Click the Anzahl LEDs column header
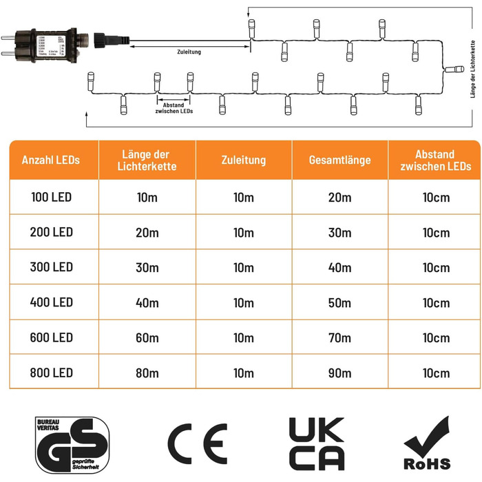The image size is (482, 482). (51, 160)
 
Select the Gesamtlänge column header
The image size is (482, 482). (340, 160)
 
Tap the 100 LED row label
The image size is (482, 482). (51, 198)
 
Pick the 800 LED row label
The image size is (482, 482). (51, 374)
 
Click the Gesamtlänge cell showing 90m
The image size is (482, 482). (340, 374)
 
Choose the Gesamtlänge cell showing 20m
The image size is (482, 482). (340, 198)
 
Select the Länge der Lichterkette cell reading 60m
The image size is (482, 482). (147, 338)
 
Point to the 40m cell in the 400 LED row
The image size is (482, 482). (147, 302)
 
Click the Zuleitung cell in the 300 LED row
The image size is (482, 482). (244, 267)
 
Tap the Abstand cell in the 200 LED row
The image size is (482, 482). (437, 232)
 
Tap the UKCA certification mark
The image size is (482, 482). (316, 444)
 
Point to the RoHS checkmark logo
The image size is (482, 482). (428, 444)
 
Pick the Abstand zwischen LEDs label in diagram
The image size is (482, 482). (174, 108)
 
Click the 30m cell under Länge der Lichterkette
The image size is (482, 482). (147, 267)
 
